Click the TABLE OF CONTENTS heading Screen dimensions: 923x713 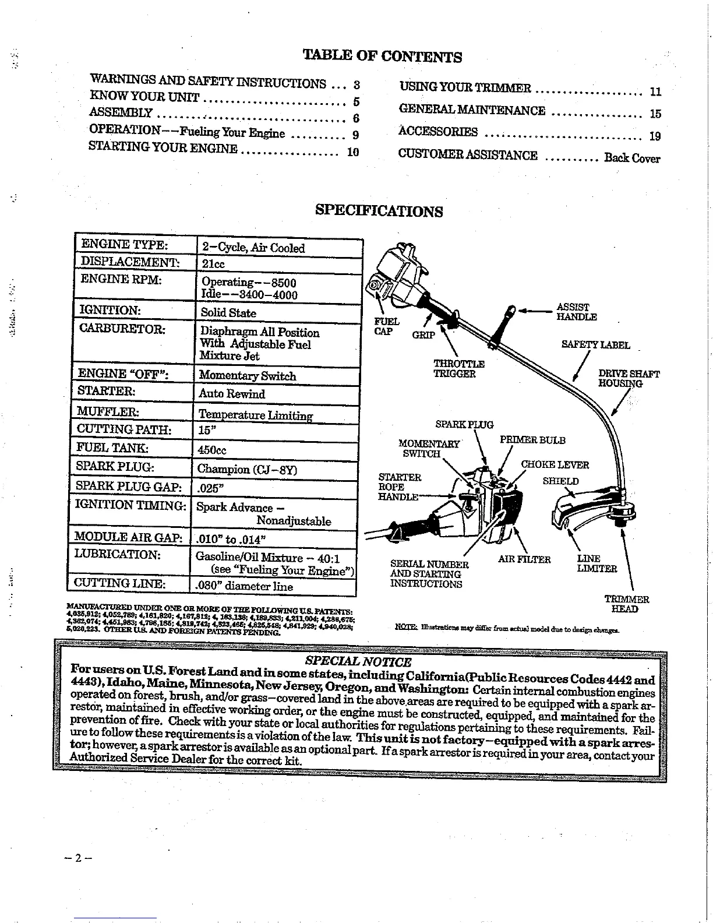[x=382, y=56]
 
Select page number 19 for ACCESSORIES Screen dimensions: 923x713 [x=655, y=136]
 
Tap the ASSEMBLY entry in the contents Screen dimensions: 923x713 [x=121, y=113]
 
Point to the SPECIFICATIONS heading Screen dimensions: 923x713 [x=379, y=210]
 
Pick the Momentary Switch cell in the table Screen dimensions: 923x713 [x=247, y=376]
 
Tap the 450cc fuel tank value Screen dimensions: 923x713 [x=212, y=450]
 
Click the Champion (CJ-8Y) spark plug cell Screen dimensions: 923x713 [x=247, y=469]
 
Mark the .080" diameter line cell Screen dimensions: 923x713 [x=244, y=586]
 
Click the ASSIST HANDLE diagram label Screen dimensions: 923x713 [x=576, y=312]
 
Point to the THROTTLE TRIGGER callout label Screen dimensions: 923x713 [x=459, y=369]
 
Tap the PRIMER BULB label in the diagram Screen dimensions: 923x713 [x=532, y=440]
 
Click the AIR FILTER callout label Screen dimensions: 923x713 [x=524, y=559]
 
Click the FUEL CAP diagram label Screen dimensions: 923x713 [x=387, y=326]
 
